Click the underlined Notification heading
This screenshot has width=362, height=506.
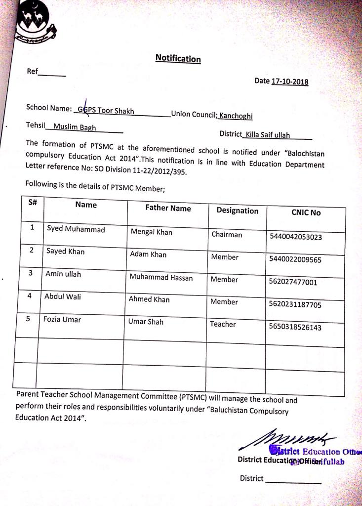pyautogui.click(x=178, y=58)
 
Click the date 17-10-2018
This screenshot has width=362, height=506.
pyautogui.click(x=289, y=82)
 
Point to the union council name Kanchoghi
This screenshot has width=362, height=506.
pyautogui.click(x=236, y=116)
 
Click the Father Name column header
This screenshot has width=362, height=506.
pyautogui.click(x=168, y=208)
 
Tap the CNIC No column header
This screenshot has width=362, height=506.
pyautogui.click(x=306, y=212)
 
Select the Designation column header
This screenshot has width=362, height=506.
pyautogui.click(x=237, y=211)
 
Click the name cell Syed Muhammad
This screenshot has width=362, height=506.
pyautogui.click(x=76, y=229)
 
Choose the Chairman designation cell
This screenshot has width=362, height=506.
pyautogui.click(x=227, y=234)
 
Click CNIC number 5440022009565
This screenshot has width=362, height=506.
pyautogui.click(x=295, y=259)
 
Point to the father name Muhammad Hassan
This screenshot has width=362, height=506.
pyautogui.click(x=161, y=277)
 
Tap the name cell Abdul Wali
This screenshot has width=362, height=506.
pyautogui.click(x=63, y=296)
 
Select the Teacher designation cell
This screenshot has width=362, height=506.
pyautogui.click(x=223, y=324)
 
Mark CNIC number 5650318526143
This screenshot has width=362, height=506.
pyautogui.click(x=295, y=327)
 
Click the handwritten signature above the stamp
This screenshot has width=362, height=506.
pyautogui.click(x=288, y=437)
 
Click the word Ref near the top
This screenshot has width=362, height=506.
pyautogui.click(x=32, y=71)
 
